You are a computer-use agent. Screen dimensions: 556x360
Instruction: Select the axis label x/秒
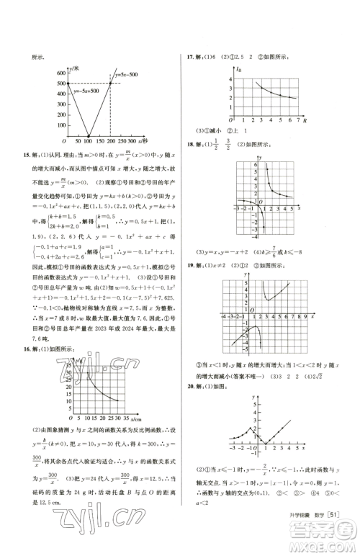point(162,142)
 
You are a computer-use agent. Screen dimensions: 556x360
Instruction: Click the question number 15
point(27,153)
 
